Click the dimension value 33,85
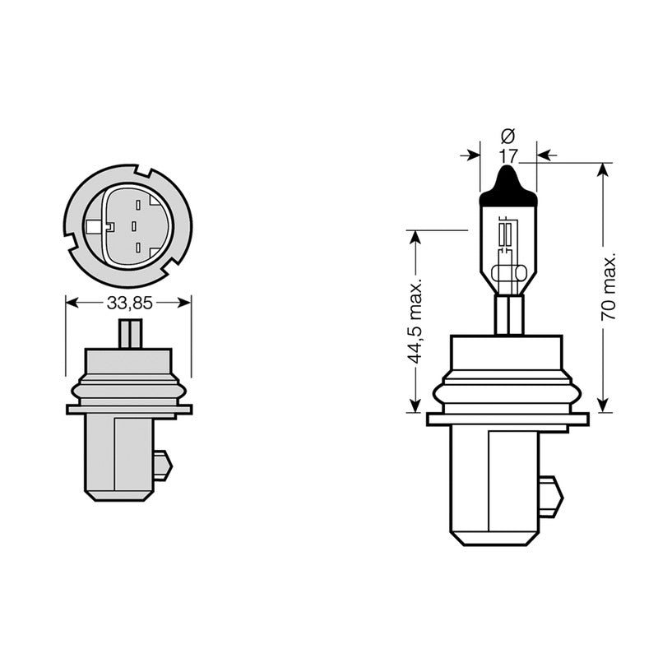click(x=129, y=303)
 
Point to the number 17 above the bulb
click(x=507, y=155)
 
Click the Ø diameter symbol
click(x=507, y=135)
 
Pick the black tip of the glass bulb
click(x=507, y=186)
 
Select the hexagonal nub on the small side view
click(x=163, y=466)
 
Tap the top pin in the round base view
click(x=138, y=204)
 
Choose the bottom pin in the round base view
click(x=138, y=247)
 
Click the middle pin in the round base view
click(x=133, y=225)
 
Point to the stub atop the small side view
click(x=130, y=334)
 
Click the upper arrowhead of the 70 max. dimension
click(x=604, y=169)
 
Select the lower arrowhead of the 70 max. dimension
click(x=604, y=405)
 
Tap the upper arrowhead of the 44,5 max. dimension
click(x=415, y=237)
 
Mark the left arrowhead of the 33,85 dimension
click(x=71, y=303)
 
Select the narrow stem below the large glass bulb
click(x=508, y=315)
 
